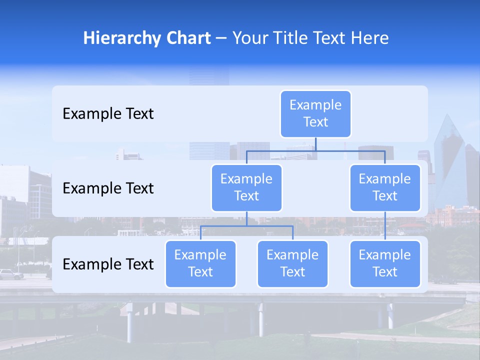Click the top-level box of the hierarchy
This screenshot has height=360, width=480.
(x=315, y=113)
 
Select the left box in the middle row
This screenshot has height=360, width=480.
(x=246, y=187)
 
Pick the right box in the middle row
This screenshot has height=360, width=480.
(x=385, y=187)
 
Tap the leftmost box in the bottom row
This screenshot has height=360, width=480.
(x=200, y=263)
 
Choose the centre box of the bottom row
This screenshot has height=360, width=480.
(x=292, y=263)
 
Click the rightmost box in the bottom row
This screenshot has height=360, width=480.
(x=385, y=263)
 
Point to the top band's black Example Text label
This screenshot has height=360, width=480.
(x=108, y=114)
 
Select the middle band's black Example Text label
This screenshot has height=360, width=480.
(x=108, y=188)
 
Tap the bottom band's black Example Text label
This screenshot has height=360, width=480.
(x=108, y=264)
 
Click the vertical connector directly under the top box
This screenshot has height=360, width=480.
(x=315, y=144)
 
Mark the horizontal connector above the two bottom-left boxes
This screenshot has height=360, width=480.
(x=246, y=226)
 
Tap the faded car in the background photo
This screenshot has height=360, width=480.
(x=11, y=274)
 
